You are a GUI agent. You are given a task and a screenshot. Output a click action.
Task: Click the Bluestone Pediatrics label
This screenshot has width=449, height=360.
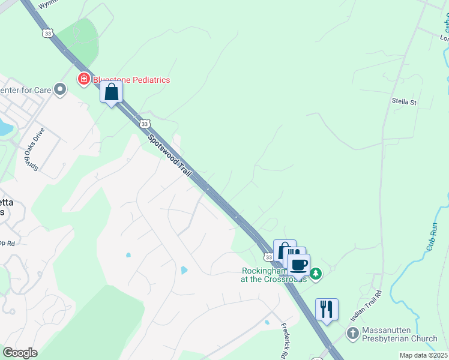[131, 80]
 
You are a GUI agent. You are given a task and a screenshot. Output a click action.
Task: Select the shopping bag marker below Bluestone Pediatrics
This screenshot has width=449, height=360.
[111, 92]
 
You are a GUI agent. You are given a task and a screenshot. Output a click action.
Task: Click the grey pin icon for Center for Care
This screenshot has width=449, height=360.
[60, 90]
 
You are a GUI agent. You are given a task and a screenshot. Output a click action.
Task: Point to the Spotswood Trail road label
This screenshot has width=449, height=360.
[170, 155]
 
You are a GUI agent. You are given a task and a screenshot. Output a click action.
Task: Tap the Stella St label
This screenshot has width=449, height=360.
[403, 103]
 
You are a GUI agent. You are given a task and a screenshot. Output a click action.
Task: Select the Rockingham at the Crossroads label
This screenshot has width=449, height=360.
[273, 275]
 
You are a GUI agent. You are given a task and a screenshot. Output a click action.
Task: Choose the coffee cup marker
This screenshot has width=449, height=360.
[298, 264]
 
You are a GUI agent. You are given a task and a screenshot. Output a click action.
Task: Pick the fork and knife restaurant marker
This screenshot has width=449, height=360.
[327, 309]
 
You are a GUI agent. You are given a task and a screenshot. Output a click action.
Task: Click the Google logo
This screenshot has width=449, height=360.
[20, 353]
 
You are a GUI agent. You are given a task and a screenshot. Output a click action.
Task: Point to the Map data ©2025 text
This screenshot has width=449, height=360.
[423, 355]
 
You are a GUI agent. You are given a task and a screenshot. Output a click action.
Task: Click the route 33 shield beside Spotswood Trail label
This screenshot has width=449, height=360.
[144, 123]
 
